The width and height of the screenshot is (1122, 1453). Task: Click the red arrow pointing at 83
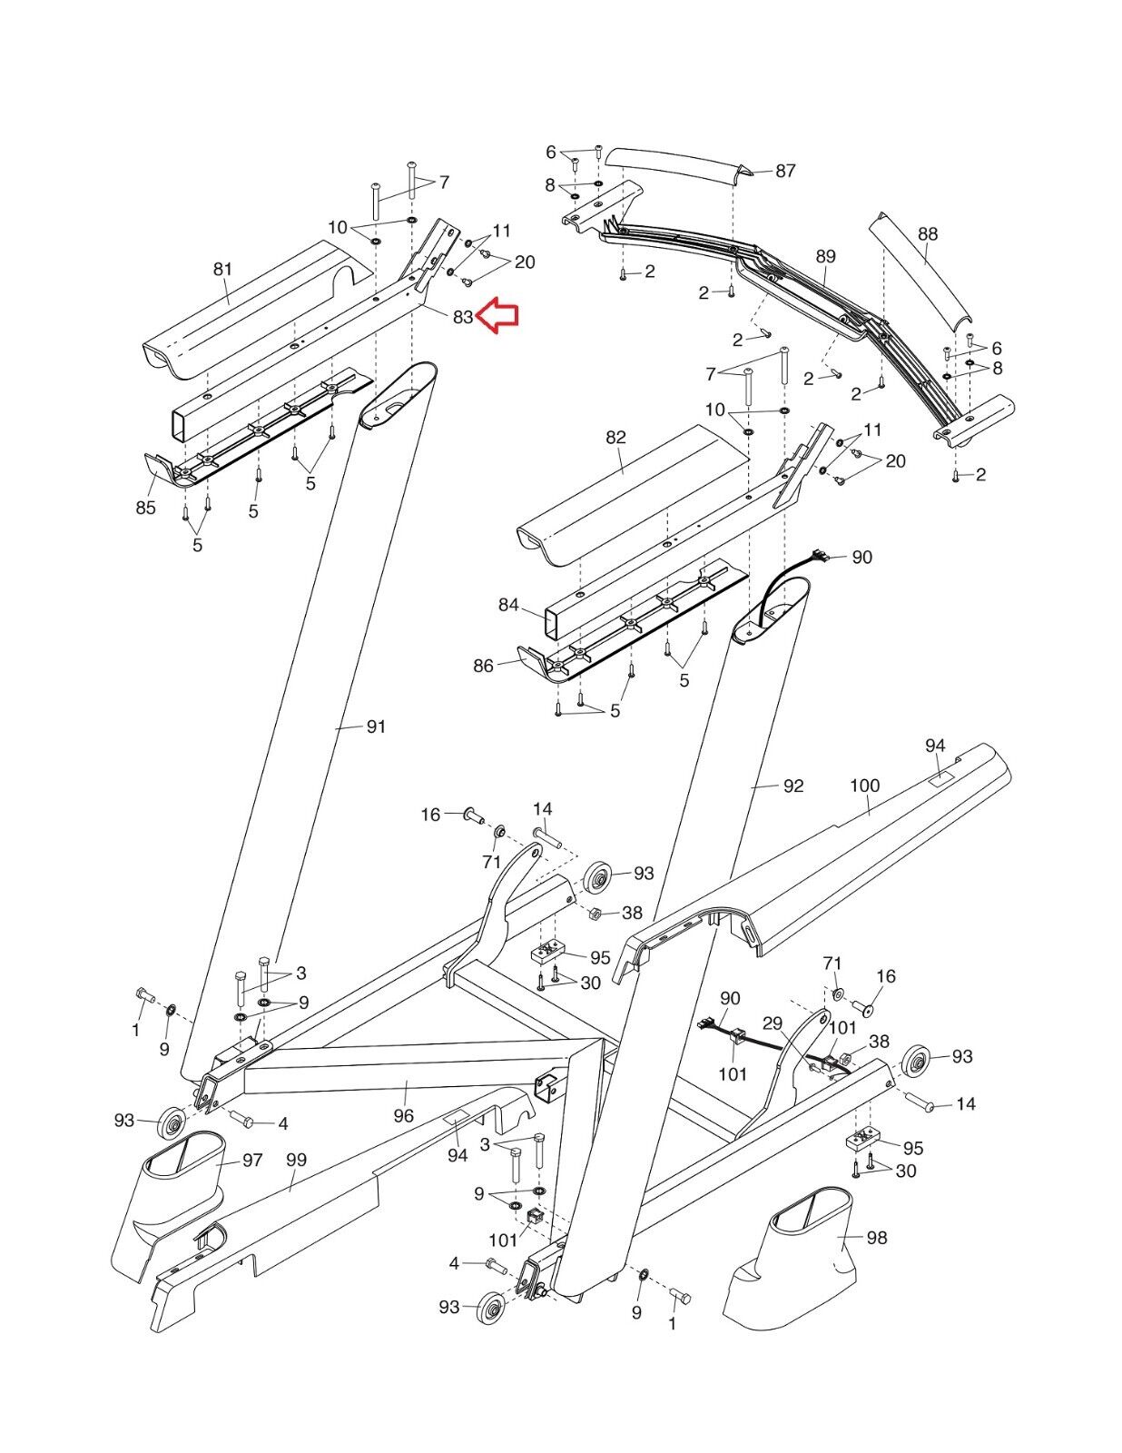(x=498, y=316)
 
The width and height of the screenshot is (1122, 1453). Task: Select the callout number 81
(x=222, y=269)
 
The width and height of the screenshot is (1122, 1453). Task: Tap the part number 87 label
(x=785, y=171)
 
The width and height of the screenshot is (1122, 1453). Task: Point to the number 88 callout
(x=927, y=233)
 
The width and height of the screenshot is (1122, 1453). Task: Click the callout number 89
(x=825, y=257)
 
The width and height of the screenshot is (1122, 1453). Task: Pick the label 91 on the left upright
(x=376, y=726)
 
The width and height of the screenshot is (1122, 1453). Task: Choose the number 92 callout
(x=793, y=786)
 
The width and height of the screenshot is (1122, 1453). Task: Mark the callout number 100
(x=865, y=785)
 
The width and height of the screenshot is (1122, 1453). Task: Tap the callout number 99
(x=296, y=1160)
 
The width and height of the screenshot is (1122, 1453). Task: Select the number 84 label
(x=508, y=605)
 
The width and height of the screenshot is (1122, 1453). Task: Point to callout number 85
(x=146, y=508)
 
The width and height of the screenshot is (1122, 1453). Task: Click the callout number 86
(x=483, y=666)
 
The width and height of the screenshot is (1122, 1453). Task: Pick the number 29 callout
(x=773, y=1023)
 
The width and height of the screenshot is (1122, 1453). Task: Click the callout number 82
(x=615, y=437)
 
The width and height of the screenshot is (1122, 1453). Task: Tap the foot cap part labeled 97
(x=180, y=1171)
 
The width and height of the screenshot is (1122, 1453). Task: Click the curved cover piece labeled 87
(x=676, y=170)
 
